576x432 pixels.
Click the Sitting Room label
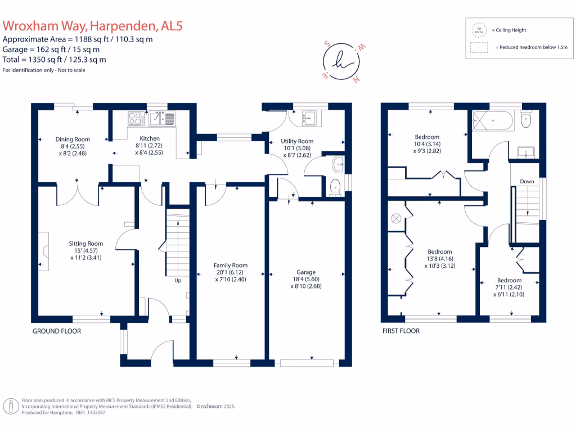click(x=86, y=244)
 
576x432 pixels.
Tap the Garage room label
click(x=307, y=272)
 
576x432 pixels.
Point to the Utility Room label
click(x=298, y=141)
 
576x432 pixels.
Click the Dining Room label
click(x=73, y=139)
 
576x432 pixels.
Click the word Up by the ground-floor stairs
click(x=178, y=280)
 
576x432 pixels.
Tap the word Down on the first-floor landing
click(x=527, y=181)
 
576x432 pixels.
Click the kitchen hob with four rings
click(x=136, y=118)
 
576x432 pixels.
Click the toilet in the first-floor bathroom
click(x=526, y=120)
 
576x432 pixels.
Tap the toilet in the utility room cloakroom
click(x=335, y=187)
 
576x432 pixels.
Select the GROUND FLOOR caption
click(x=56, y=331)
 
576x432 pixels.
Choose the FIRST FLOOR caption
click(x=400, y=331)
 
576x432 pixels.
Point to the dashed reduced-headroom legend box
click(x=479, y=48)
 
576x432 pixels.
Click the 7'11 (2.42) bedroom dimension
click(x=509, y=287)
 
